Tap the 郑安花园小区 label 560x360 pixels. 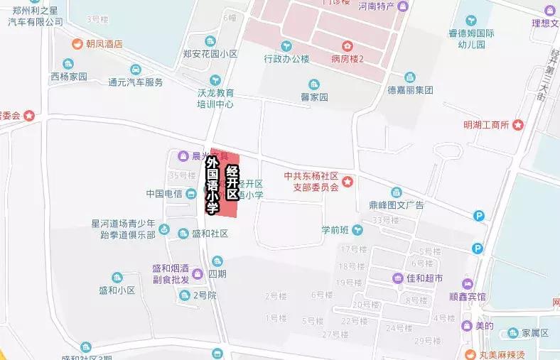click(x=210, y=54)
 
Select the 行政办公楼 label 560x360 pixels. click(x=286, y=58)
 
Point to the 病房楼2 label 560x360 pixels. click(x=347, y=58)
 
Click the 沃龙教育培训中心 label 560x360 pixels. click(x=215, y=98)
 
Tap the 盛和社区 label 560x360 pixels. click(x=210, y=233)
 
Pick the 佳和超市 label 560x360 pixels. click(x=424, y=277)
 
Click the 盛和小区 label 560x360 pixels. click(x=117, y=289)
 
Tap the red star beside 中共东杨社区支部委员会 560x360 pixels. click(x=347, y=182)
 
